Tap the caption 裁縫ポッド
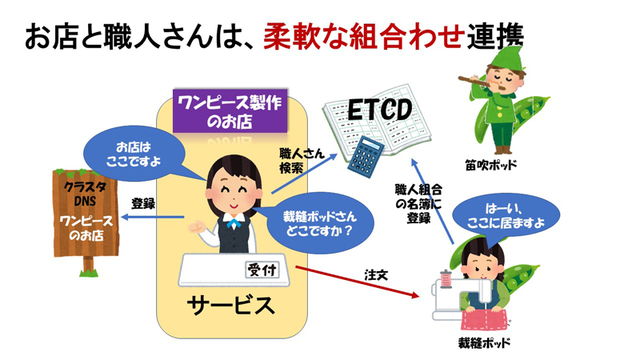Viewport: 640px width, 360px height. pos(486,343)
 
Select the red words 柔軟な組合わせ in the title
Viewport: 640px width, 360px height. pos(364,35)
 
